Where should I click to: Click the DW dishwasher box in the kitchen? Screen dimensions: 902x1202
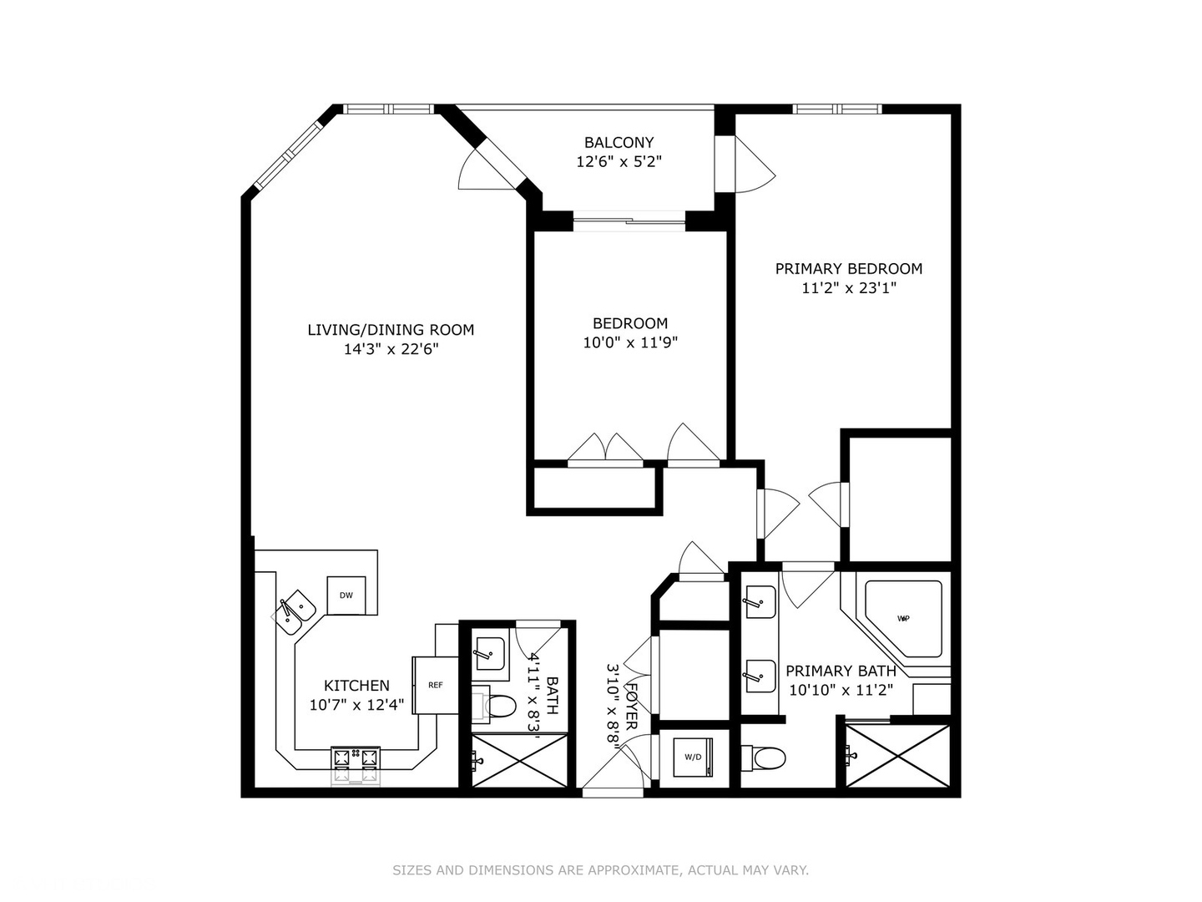[346, 595]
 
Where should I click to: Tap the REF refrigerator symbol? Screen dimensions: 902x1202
[435, 685]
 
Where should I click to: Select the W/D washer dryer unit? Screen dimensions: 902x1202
[693, 757]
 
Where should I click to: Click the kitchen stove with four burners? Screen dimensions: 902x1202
[356, 758]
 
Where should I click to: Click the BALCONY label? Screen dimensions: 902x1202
[619, 143]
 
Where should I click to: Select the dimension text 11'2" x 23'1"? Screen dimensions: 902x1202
[848, 288]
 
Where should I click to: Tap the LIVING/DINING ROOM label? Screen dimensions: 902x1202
[391, 330]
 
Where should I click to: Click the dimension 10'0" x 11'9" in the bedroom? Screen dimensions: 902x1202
[629, 342]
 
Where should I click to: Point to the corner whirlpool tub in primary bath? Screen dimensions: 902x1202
[903, 618]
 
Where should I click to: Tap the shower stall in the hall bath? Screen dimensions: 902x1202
[519, 760]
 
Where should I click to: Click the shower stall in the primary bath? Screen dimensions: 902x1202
[898, 756]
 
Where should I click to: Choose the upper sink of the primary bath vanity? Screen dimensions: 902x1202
[760, 601]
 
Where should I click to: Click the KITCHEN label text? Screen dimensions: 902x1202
[356, 686]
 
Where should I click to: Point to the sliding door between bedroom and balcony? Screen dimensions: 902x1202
[629, 220]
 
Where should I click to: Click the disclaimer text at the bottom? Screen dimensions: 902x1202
[600, 870]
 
